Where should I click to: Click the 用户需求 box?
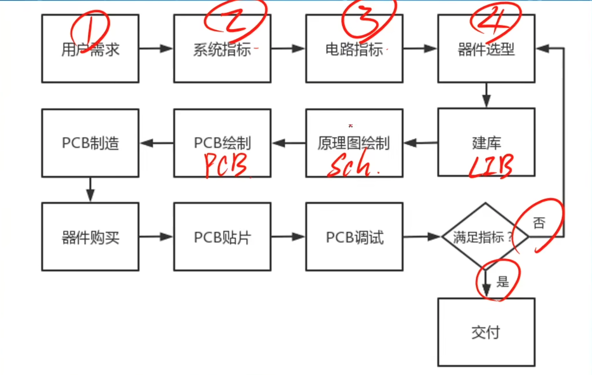coord(90,49)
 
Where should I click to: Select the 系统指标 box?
coord(222,49)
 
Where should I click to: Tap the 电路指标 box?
coord(354,49)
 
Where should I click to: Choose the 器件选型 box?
coord(486,49)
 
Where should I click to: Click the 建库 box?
coord(486,143)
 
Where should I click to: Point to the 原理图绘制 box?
coord(354,143)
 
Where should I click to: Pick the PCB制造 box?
coord(90,143)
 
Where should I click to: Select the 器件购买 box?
coord(90,237)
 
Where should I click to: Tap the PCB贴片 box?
coord(222,237)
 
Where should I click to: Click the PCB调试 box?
coord(354,237)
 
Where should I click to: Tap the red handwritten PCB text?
coord(226,166)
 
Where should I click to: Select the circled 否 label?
coord(538,224)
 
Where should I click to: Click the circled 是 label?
coord(502,281)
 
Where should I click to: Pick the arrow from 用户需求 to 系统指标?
coord(156,49)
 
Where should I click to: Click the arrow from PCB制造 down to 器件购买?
coord(90,189)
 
